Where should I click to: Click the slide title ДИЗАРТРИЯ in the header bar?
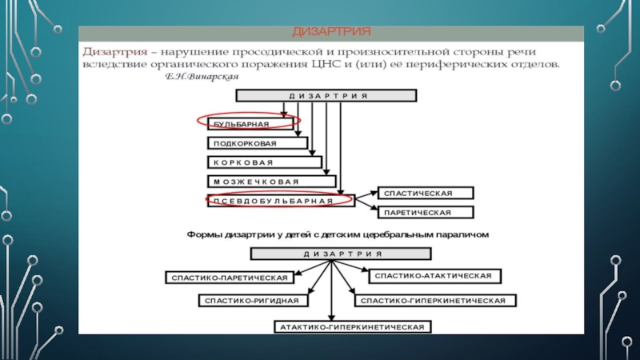point(330,32)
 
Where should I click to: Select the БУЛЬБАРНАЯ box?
point(247,124)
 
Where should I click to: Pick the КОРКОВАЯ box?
point(264,162)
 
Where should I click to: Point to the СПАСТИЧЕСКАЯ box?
point(426,194)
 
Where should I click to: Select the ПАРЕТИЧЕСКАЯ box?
point(426,213)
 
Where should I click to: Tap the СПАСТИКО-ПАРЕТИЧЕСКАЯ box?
point(228,278)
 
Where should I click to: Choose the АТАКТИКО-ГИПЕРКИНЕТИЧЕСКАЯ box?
point(353,327)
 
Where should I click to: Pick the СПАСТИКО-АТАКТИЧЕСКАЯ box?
point(434,275)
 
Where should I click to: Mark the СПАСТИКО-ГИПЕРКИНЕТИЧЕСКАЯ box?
point(434,301)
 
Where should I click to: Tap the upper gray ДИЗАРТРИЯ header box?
point(326,95)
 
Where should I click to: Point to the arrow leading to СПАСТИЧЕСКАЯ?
point(365,195)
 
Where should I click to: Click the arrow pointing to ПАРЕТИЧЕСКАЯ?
point(365,207)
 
